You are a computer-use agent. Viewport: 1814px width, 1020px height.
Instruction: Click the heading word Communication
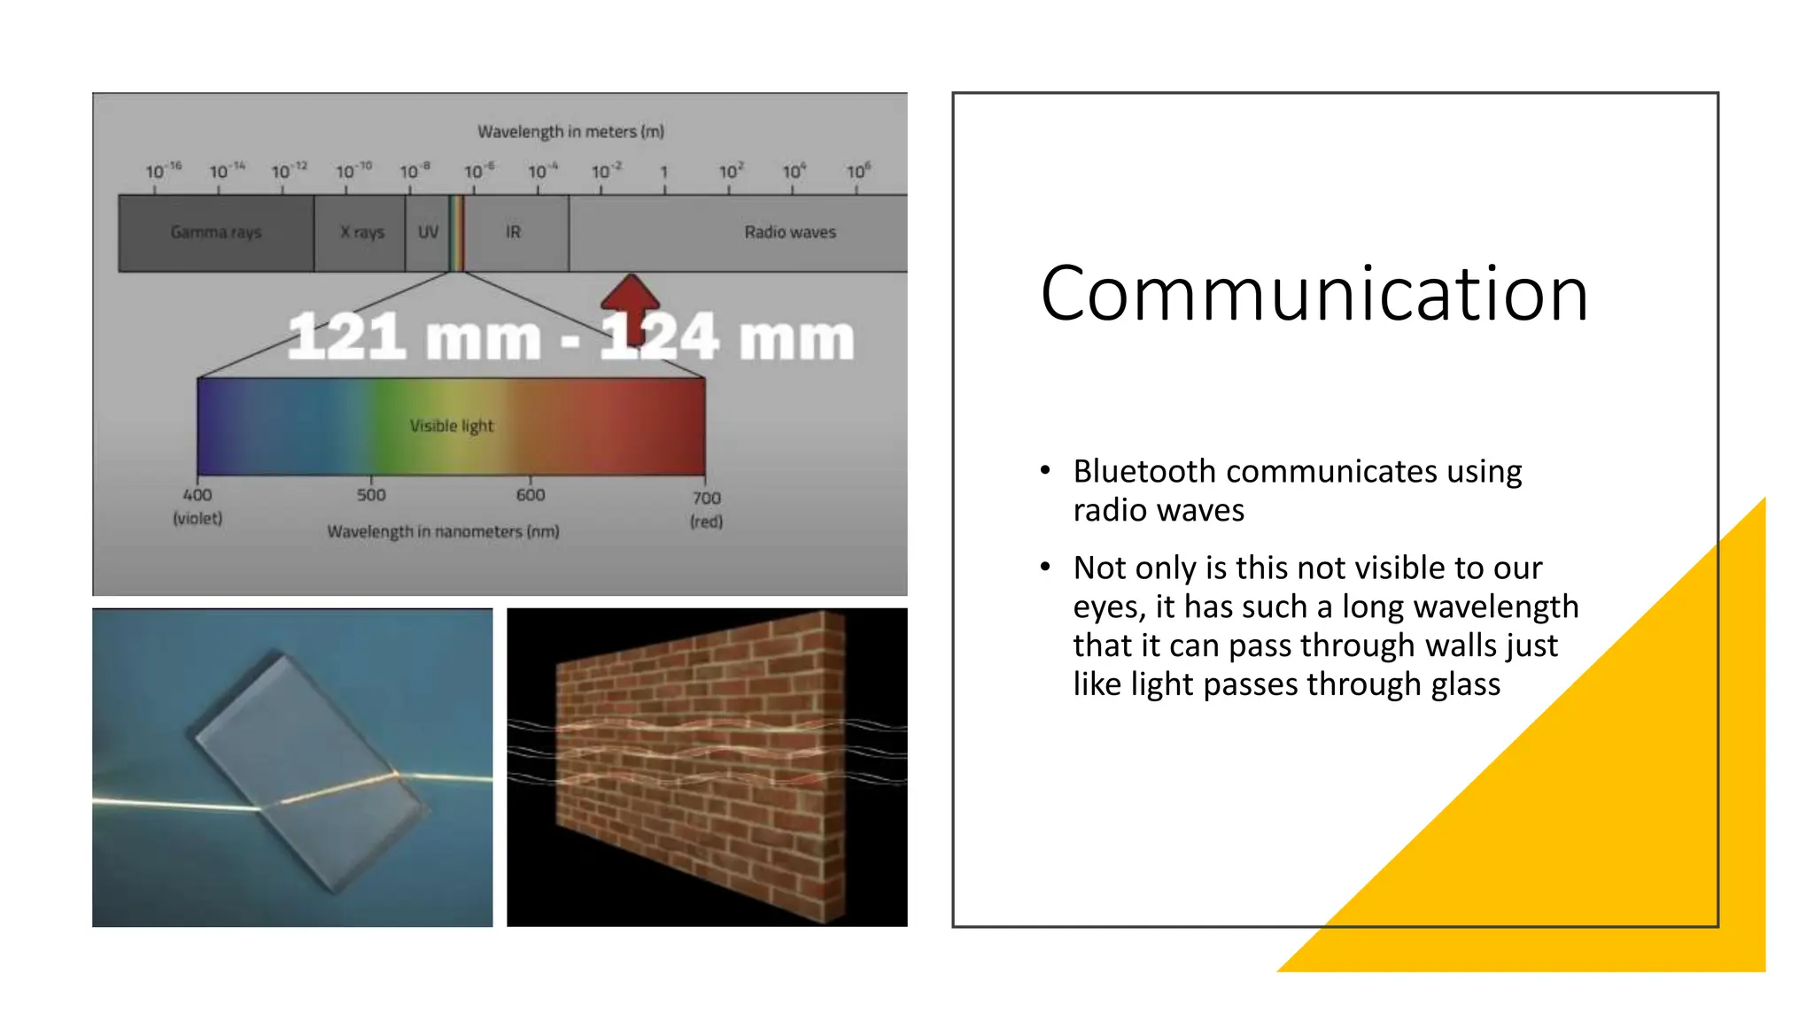point(1314,294)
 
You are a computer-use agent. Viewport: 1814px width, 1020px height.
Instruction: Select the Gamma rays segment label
point(216,232)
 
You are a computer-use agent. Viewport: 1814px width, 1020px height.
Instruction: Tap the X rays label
point(362,232)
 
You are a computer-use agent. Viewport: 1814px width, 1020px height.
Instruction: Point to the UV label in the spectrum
point(428,232)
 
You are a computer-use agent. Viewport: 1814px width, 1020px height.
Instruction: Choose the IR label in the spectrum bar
point(513,232)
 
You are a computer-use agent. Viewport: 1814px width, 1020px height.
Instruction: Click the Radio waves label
point(789,232)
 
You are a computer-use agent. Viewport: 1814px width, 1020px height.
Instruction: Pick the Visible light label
point(452,426)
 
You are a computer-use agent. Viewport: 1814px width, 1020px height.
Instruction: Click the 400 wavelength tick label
point(197,495)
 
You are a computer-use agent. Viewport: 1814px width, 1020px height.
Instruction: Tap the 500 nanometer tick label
point(371,495)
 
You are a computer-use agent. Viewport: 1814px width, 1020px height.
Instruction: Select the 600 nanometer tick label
point(531,495)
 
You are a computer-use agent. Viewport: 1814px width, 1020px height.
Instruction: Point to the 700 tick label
point(706,498)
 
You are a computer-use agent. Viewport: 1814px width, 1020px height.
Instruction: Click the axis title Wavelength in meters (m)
point(570,132)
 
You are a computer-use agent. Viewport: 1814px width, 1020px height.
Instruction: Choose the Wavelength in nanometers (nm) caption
point(443,531)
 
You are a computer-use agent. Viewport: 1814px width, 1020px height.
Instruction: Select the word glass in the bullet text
point(1461,684)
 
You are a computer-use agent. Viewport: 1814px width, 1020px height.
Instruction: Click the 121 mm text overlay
point(414,338)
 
